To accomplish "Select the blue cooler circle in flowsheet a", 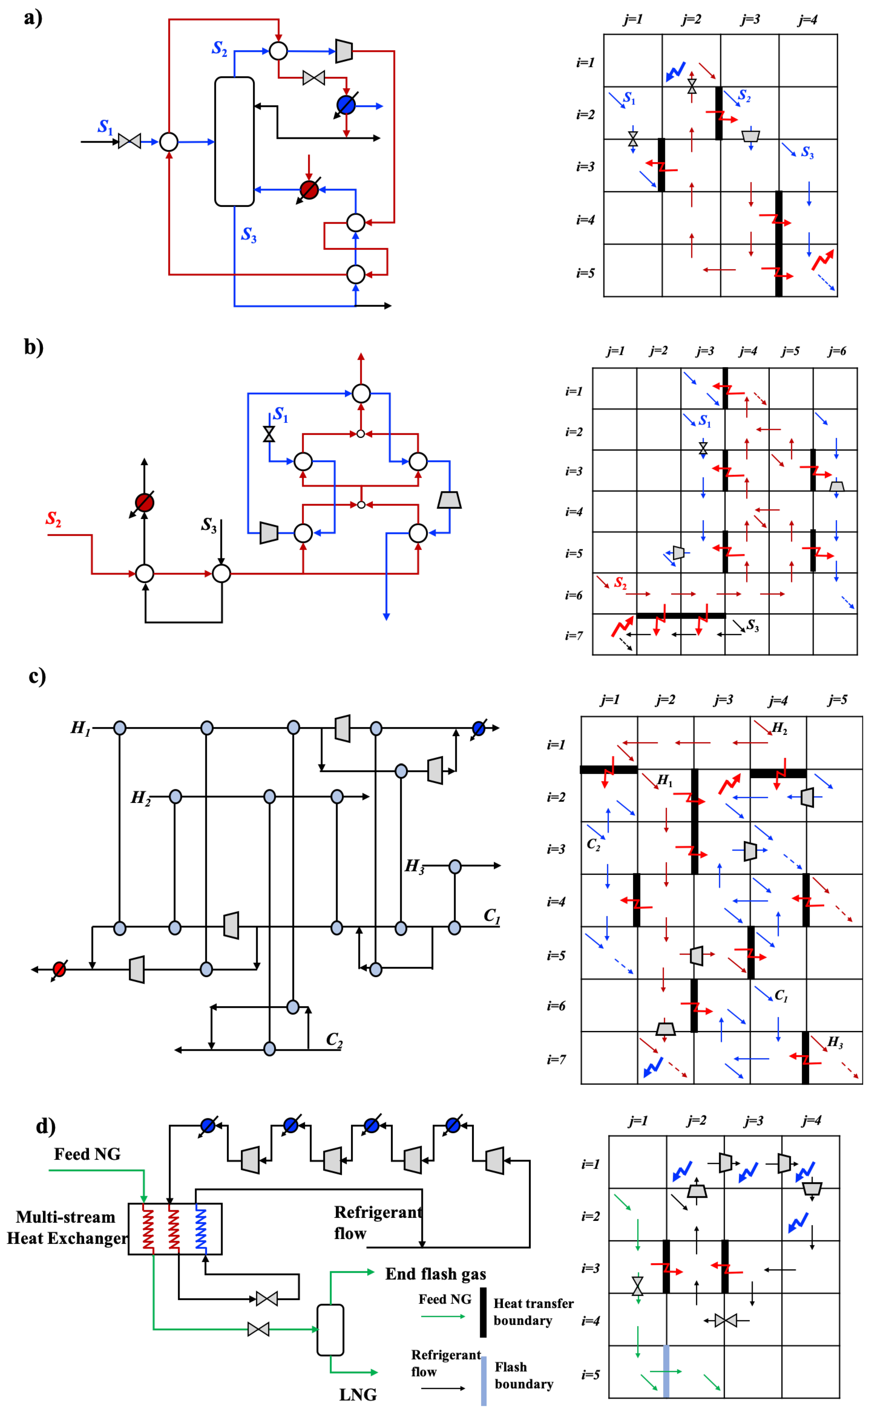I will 346,105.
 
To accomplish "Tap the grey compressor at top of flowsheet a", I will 344,51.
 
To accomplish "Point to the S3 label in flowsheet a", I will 249,234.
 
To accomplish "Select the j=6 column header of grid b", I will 837,351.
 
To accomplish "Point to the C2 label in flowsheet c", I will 334,1039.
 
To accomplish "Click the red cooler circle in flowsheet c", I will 59,969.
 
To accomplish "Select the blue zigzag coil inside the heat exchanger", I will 201,1229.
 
